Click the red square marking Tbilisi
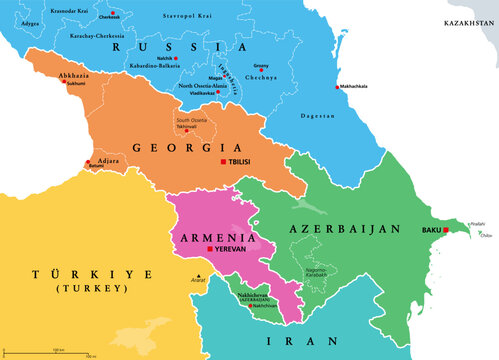pos(222,162)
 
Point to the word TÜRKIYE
pos(69,273)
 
